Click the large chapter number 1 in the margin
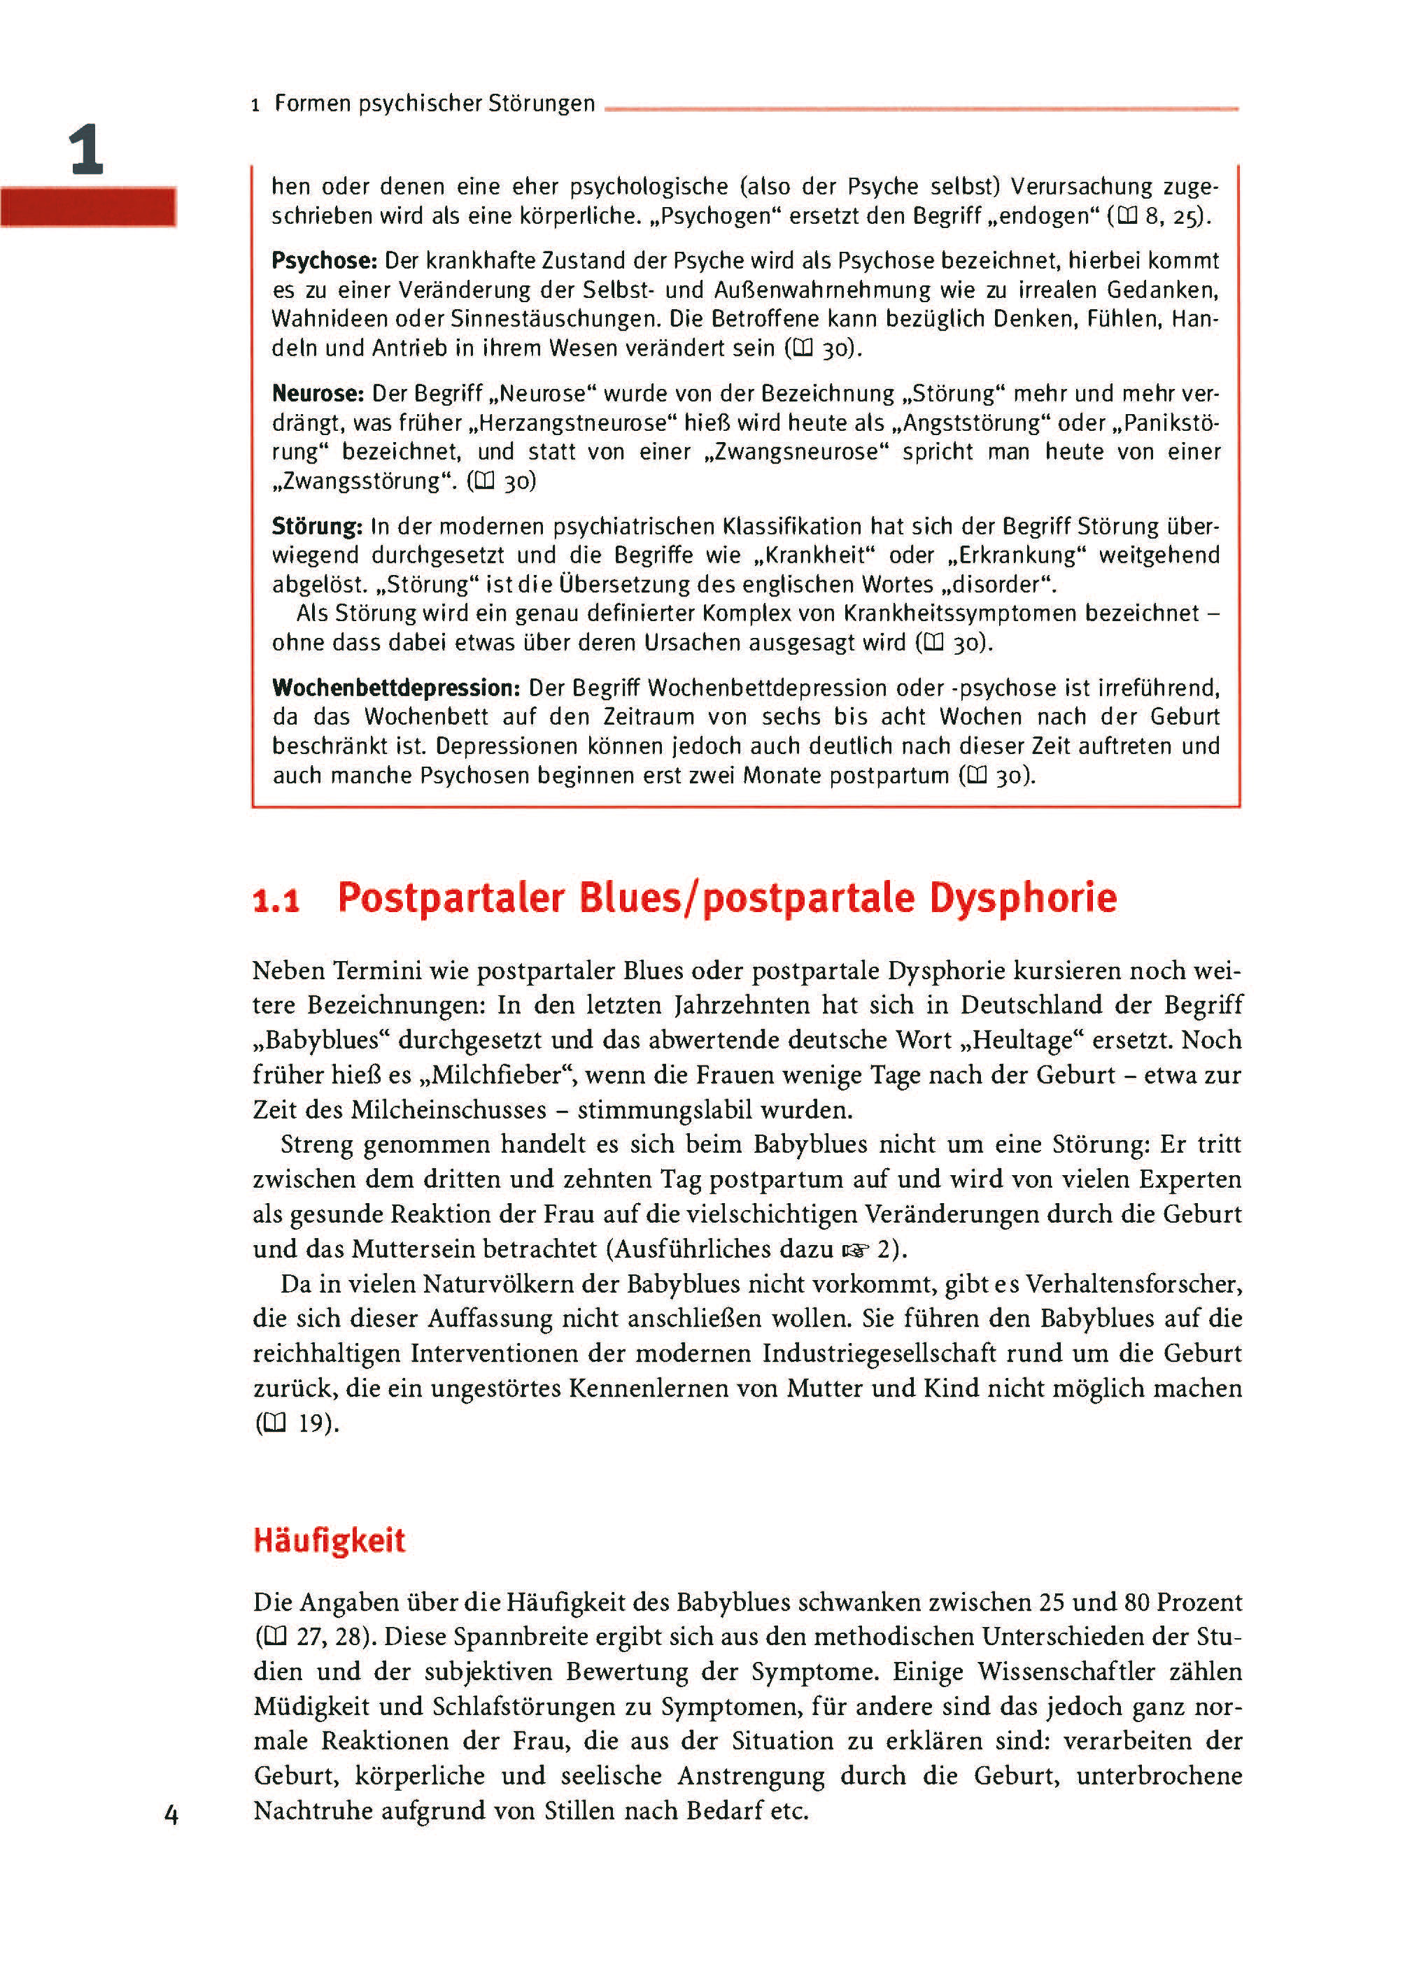(x=87, y=150)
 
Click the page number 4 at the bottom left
(x=171, y=1814)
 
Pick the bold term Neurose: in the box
(x=318, y=395)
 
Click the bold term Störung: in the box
(x=317, y=527)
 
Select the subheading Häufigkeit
(x=329, y=1540)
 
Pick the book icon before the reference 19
(x=274, y=1423)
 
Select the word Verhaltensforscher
(x=1134, y=1284)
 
